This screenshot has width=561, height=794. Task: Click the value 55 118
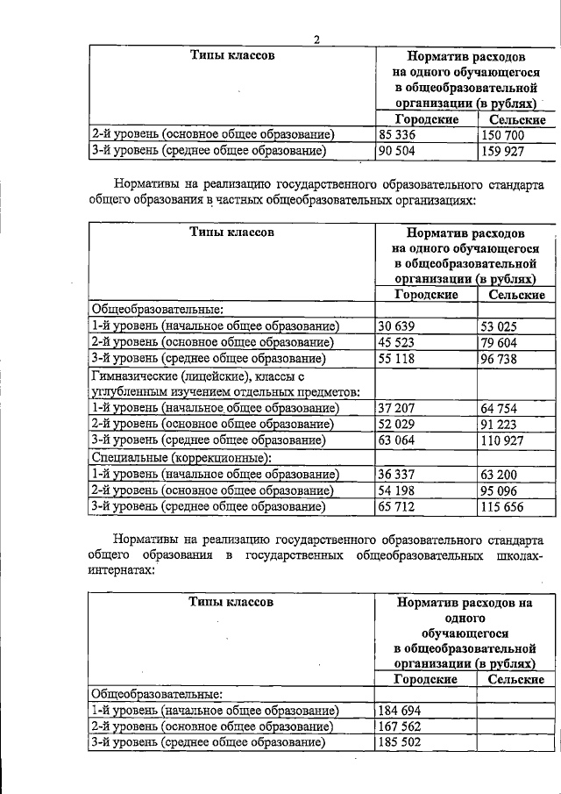click(399, 359)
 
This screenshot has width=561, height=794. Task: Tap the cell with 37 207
click(399, 408)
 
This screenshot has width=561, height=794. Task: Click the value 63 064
click(399, 440)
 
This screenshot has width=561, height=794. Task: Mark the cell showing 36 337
click(399, 474)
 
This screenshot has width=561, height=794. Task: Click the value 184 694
click(402, 710)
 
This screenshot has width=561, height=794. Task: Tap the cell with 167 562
click(402, 726)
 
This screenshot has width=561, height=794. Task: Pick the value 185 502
click(402, 743)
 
